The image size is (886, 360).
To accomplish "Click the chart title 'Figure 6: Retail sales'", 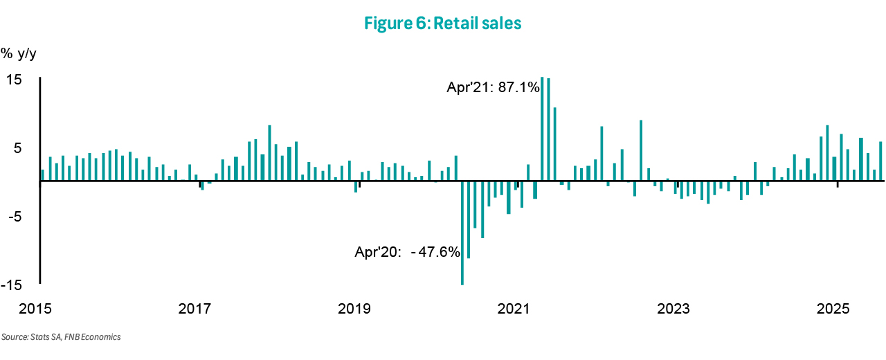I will (x=442, y=24).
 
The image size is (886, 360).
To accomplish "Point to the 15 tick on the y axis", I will (x=15, y=80).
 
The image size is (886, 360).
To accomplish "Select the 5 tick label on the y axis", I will (x=19, y=148).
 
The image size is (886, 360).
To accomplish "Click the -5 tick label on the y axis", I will (x=15, y=217).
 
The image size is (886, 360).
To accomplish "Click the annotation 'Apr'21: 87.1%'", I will (x=493, y=88).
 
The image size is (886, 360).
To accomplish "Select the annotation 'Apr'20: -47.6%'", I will (x=408, y=253).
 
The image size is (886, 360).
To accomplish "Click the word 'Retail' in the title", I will (x=456, y=24).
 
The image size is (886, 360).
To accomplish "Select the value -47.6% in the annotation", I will (x=436, y=253).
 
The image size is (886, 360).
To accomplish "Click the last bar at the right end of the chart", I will (x=880, y=161).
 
